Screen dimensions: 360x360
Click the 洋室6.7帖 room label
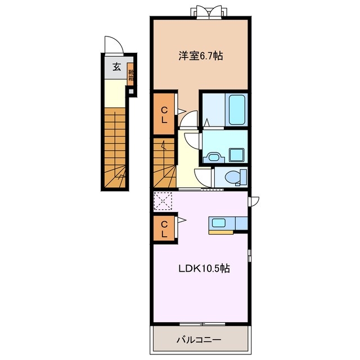pyautogui.click(x=200, y=56)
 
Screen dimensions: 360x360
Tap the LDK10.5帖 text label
pyautogui.click(x=204, y=268)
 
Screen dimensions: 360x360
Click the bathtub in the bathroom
pyautogui.click(x=236, y=110)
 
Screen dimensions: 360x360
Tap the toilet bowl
pyautogui.click(x=232, y=177)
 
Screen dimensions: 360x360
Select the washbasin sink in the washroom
pyautogui.click(x=213, y=157)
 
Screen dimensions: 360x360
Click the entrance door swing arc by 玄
pyautogui.click(x=112, y=46)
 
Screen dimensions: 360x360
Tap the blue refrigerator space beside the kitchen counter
pyautogui.click(x=241, y=223)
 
